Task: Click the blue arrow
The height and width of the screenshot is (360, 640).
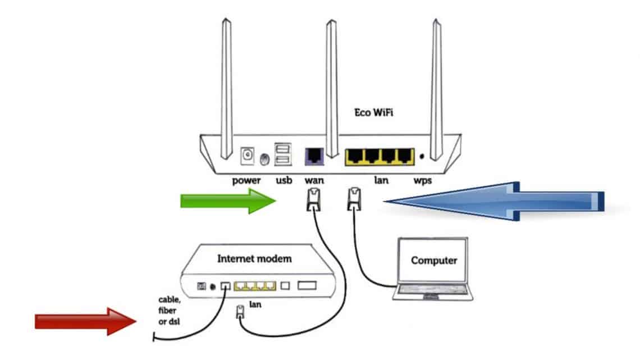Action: coord(494,202)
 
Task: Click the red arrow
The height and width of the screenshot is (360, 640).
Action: coord(84,321)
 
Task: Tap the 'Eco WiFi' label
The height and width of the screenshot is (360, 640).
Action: coord(374,112)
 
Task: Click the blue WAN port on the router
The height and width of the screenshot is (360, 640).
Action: coord(313,156)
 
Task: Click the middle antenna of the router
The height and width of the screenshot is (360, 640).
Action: coord(332,84)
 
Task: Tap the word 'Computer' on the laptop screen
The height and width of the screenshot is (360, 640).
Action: coord(434,261)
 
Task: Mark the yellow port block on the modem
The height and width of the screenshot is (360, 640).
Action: coord(254,285)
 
